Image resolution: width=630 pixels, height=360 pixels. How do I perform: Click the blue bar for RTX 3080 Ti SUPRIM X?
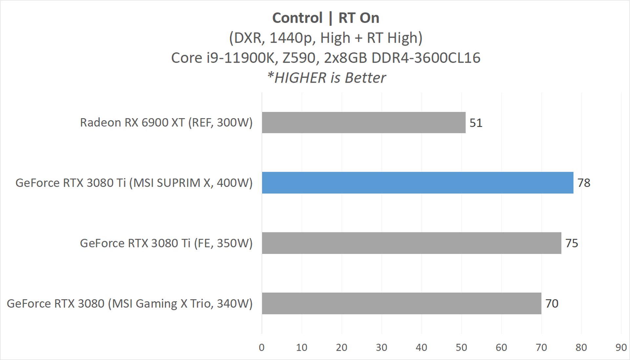tap(417, 183)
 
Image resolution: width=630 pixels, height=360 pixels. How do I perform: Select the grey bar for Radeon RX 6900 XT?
tap(364, 122)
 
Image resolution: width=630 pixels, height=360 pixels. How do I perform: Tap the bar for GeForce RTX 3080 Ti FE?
tap(411, 243)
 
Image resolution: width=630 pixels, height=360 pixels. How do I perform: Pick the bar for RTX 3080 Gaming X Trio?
tap(401, 304)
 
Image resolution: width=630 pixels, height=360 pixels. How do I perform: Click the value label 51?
tap(476, 123)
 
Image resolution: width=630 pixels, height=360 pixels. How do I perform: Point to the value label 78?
tap(584, 183)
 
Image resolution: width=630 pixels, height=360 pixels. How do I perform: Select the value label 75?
tap(572, 243)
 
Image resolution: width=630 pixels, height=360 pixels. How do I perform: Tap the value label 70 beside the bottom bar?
tap(552, 304)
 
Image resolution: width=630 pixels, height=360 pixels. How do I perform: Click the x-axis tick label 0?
tap(262, 348)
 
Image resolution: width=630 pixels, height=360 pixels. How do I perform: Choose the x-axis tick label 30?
tap(381, 348)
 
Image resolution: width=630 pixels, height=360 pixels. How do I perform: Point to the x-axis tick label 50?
tap(461, 348)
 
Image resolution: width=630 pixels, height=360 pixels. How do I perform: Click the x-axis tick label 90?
tap(621, 348)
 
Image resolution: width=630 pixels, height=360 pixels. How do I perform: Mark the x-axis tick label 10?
tap(302, 348)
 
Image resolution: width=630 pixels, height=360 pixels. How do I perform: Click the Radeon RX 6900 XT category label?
tap(166, 122)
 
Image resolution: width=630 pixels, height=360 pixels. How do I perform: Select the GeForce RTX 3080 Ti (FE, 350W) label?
tap(166, 243)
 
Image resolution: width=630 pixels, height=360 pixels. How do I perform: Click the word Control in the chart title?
tap(297, 18)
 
